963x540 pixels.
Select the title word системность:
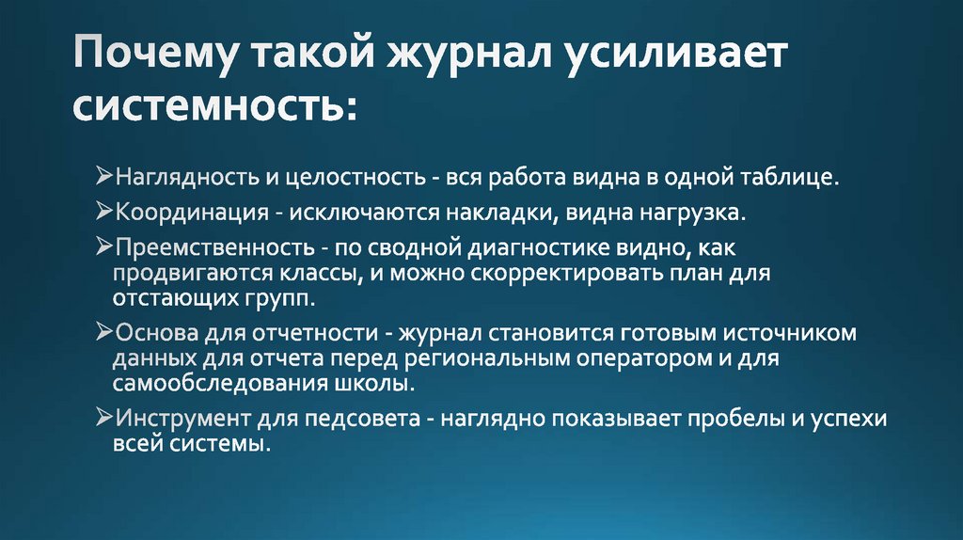tap(214, 105)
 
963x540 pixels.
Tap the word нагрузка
tap(694, 213)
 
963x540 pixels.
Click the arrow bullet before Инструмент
tap(105, 418)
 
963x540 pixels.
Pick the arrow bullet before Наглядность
tap(105, 176)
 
